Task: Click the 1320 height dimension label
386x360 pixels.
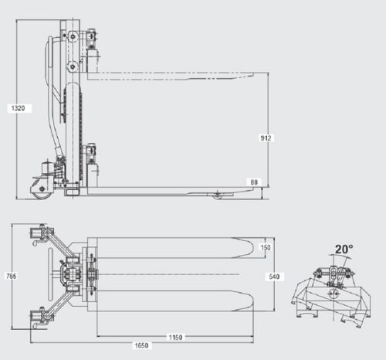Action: [19, 108]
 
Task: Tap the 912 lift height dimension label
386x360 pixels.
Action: [266, 138]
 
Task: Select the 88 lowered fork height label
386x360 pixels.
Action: [254, 182]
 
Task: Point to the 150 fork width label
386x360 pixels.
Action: [266, 247]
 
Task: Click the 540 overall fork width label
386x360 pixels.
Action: [274, 277]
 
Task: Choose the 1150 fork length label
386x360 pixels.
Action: [175, 337]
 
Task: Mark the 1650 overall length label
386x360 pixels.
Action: [141, 345]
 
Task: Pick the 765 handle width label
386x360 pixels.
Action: [12, 277]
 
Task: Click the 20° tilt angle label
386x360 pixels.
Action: [344, 249]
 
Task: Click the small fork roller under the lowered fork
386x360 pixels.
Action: [218, 196]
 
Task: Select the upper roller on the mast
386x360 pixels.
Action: [73, 36]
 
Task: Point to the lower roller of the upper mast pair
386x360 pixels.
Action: [73, 66]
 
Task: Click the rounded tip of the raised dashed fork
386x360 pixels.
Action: [251, 75]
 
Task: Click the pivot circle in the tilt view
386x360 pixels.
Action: [334, 294]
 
